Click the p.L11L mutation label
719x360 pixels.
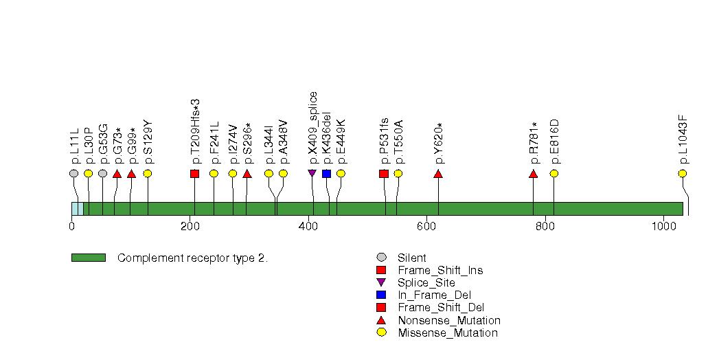(75, 146)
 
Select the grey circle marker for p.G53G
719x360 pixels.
(103, 173)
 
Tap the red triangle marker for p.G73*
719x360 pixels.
(117, 174)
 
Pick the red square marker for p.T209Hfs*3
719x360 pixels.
(194, 173)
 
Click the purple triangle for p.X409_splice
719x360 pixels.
(312, 173)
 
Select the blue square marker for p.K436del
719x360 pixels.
(326, 173)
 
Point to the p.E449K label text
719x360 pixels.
(341, 142)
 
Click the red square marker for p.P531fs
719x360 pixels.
(384, 173)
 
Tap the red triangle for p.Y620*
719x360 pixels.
(438, 174)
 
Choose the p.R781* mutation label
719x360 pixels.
(534, 143)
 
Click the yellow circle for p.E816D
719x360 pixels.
(554, 173)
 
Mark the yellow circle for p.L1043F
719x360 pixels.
(683, 173)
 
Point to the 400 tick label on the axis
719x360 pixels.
(308, 226)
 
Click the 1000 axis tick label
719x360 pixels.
(663, 226)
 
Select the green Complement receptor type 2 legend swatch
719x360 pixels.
(89, 258)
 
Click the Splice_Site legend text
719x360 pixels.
(426, 282)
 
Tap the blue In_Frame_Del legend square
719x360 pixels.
(381, 295)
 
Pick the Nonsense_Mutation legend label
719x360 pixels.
(449, 320)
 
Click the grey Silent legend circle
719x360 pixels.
(381, 258)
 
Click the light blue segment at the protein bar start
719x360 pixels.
(78, 209)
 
